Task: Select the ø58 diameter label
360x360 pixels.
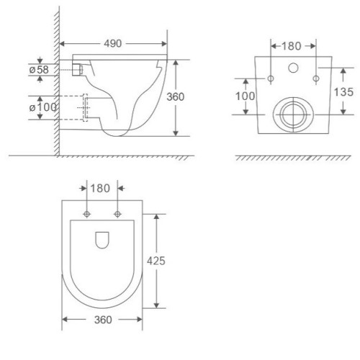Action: (39, 70)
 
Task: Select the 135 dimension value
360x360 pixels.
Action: (345, 91)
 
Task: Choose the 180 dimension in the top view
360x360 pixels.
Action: (102, 189)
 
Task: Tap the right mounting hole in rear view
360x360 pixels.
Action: (315, 77)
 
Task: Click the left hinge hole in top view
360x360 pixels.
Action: (86, 214)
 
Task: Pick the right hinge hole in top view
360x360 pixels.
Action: (117, 214)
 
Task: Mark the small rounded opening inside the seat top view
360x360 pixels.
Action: (102, 240)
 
